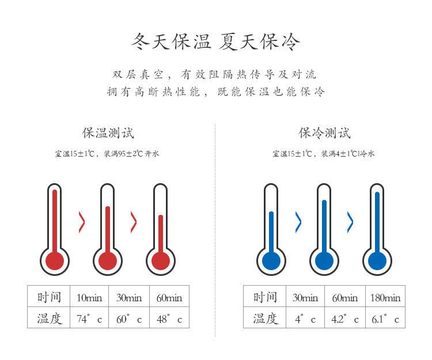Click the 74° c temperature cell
pos(89,319)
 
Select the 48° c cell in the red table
pos(169,319)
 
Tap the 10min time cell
pos(89,297)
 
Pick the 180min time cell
pos(385,297)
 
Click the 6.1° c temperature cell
pos(385,319)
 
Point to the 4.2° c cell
pos(345,319)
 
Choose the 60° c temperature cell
pos(128,319)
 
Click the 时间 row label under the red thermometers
pos(49,297)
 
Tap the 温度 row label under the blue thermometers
pos(265,319)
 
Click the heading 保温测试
pos(108,133)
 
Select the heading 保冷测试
pos(324,133)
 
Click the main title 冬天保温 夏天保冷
pos(216,42)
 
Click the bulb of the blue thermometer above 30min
pos(271,260)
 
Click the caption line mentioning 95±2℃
pos(107,154)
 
